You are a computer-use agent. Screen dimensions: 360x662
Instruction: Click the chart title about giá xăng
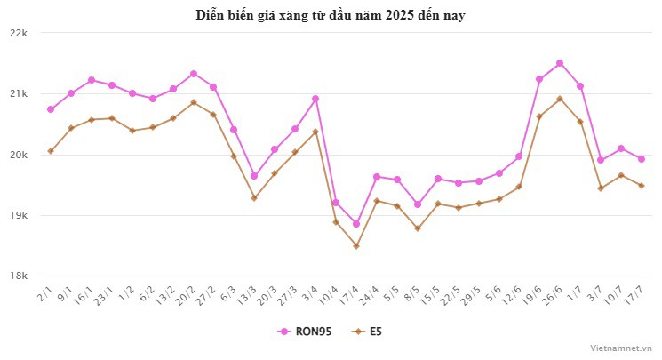(331, 15)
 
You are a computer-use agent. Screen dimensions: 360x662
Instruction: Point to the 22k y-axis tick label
(20, 33)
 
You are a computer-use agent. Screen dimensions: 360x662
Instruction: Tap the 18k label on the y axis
(20, 276)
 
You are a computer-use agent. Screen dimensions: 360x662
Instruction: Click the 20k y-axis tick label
(20, 155)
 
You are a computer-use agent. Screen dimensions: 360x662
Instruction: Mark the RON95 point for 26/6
(560, 63)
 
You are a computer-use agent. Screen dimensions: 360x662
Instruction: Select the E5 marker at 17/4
(356, 246)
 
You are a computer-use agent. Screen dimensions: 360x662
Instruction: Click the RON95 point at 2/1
(51, 109)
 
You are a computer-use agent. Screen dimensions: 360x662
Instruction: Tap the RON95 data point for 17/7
(642, 159)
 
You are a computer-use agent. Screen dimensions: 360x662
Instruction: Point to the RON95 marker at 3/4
(315, 99)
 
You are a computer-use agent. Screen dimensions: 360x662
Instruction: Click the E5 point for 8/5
(418, 228)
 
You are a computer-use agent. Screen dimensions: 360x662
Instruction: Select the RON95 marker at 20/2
(194, 74)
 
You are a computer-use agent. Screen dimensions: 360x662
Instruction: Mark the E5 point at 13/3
(254, 197)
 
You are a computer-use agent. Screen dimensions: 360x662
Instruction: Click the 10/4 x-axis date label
(329, 294)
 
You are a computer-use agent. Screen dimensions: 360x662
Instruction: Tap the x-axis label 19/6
(532, 294)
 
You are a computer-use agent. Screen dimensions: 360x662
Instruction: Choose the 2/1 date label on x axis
(44, 292)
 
